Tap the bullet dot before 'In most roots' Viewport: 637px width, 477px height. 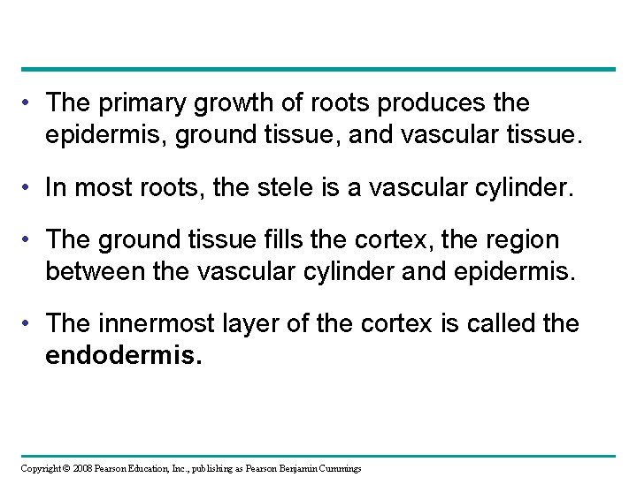pos(31,185)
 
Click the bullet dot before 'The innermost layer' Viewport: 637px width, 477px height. pos(31,323)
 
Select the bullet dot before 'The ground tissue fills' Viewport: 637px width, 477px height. pos(31,240)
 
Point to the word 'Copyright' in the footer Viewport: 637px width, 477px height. pos(36,467)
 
